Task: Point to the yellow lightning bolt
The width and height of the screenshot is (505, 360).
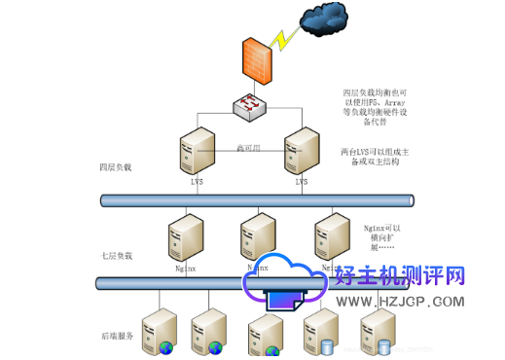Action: (285, 41)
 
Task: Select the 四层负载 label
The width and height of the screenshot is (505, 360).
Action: (116, 167)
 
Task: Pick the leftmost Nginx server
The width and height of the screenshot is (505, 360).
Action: (185, 236)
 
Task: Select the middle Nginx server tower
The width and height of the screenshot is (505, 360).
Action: (257, 236)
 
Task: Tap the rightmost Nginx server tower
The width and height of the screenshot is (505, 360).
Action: (331, 236)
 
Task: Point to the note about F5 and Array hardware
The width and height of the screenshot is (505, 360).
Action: (374, 106)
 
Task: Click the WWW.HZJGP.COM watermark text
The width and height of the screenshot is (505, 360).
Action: (400, 302)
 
